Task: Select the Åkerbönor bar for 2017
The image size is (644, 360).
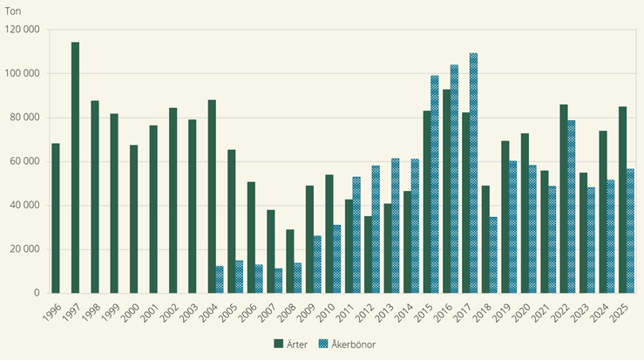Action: pyautogui.click(x=473, y=173)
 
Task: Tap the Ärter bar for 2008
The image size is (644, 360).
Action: pyautogui.click(x=290, y=262)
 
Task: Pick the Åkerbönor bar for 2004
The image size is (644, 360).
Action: pyautogui.click(x=220, y=280)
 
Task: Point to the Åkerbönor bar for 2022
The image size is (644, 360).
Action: pyautogui.click(x=572, y=207)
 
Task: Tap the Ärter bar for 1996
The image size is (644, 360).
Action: pyautogui.click(x=56, y=218)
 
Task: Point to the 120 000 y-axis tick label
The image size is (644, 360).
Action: pyautogui.click(x=23, y=30)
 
